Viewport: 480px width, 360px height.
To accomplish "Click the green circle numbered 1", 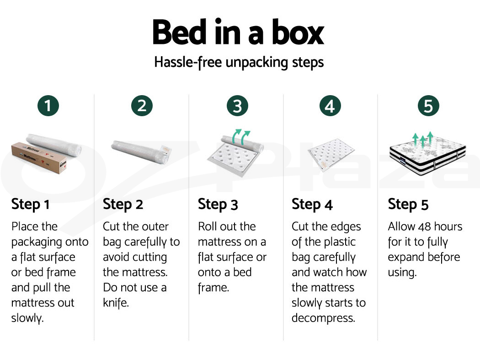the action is [48, 106].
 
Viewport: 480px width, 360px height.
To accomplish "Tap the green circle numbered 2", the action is [142, 106].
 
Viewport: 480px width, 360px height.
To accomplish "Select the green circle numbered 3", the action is [237, 106].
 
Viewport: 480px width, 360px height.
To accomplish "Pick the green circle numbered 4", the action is [330, 106].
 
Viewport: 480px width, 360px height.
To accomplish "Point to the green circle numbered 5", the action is [428, 106].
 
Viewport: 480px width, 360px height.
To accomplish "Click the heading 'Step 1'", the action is [30, 204].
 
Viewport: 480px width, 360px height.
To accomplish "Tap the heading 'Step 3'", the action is [218, 204].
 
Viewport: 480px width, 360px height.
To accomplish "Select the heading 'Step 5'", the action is [408, 204].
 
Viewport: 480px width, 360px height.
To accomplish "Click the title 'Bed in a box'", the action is [238, 32].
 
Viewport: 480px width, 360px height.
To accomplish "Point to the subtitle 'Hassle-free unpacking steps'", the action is [239, 63].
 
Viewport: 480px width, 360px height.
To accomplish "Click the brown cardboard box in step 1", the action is [39, 158].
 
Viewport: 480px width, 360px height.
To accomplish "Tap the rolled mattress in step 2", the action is [141, 152].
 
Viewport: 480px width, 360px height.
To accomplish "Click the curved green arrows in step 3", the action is [241, 137].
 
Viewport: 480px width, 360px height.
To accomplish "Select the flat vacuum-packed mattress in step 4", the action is [331, 154].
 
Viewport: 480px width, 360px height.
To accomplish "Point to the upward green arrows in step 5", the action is [423, 140].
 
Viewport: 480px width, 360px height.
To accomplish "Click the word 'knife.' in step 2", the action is [116, 303].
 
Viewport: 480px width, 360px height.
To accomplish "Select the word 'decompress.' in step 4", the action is [323, 318].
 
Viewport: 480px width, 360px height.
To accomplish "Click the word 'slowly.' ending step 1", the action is [27, 318].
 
